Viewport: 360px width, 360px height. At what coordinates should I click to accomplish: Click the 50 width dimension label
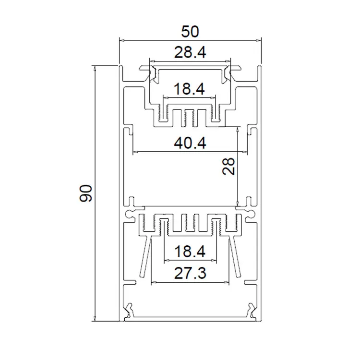tap(190, 32)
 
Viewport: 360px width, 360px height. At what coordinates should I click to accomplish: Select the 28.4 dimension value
tap(190, 52)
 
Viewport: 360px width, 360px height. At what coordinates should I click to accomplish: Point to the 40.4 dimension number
tap(190, 143)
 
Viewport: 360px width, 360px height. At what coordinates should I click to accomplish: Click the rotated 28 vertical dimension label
tap(229, 167)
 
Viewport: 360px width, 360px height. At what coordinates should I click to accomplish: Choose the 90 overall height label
tap(85, 193)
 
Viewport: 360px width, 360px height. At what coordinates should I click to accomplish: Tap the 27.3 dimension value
tap(190, 273)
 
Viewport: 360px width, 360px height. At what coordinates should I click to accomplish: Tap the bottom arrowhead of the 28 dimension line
tap(239, 204)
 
